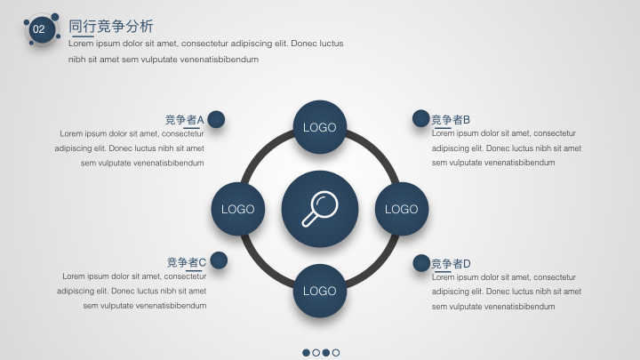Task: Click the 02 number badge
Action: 42,29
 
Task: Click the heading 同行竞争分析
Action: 110,26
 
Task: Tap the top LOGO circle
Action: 320,127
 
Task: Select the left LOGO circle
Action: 238,209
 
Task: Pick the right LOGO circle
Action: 402,209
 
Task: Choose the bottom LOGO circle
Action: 320,291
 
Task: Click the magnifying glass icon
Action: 320,209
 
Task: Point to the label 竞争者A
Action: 185,120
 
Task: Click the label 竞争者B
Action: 451,120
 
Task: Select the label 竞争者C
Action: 187,262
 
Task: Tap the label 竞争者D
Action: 451,264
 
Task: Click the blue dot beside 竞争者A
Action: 216,119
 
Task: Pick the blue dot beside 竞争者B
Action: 420,118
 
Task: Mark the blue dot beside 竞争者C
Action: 219,260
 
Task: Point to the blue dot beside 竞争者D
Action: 421,263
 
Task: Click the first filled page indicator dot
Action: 306,353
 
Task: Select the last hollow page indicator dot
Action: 336,353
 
